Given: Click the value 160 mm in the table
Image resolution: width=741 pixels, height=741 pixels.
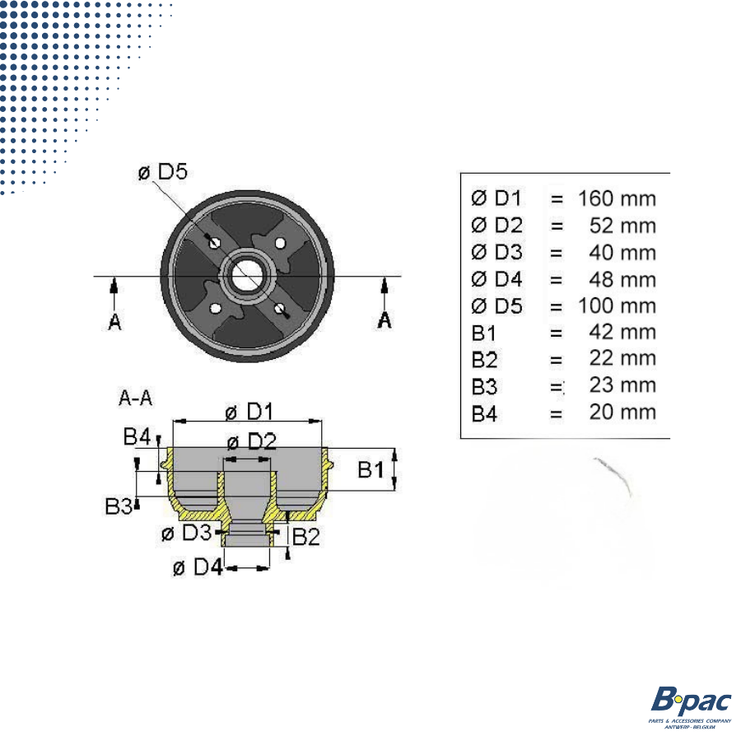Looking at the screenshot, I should (x=617, y=198).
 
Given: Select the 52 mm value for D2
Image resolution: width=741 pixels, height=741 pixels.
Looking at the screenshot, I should (x=623, y=226).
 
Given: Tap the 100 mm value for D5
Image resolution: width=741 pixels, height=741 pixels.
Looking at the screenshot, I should (x=617, y=306).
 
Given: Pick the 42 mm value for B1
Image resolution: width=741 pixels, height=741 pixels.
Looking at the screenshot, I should (x=623, y=333).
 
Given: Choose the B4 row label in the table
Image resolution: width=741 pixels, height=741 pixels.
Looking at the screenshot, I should (x=485, y=412).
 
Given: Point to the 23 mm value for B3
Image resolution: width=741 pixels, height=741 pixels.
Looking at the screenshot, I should (x=623, y=385).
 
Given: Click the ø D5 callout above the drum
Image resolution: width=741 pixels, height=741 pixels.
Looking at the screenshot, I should (x=163, y=173).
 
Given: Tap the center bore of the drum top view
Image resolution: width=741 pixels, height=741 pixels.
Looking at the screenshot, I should (x=247, y=275).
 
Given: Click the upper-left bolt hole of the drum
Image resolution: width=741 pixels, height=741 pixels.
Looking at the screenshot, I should (x=214, y=244).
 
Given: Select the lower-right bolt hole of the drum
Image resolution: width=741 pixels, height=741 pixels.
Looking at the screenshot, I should (x=281, y=309).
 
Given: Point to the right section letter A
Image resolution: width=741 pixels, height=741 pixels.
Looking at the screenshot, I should (x=384, y=320).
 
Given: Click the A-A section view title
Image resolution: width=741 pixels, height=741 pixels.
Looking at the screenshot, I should (x=136, y=399).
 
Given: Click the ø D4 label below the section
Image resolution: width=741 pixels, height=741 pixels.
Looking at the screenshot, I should (x=198, y=567).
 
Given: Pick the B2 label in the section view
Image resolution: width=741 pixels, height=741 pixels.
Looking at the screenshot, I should (x=305, y=537).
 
